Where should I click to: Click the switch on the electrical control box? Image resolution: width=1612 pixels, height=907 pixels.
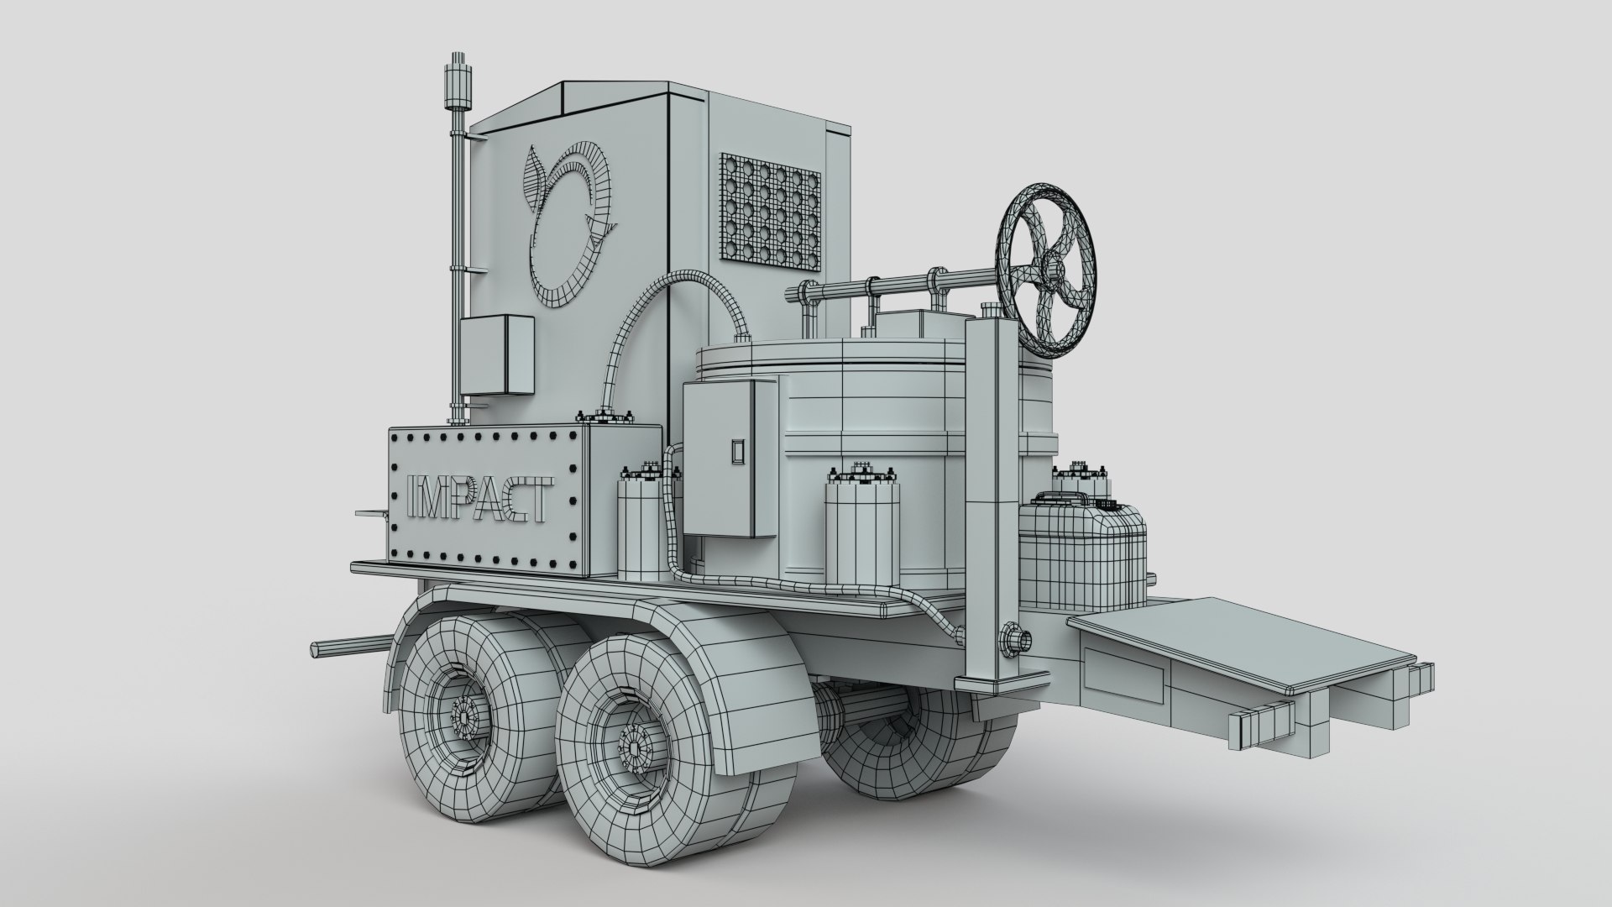[737, 451]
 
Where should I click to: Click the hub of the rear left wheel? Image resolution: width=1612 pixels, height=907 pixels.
[463, 716]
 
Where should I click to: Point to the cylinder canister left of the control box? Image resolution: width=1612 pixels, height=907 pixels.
[641, 529]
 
